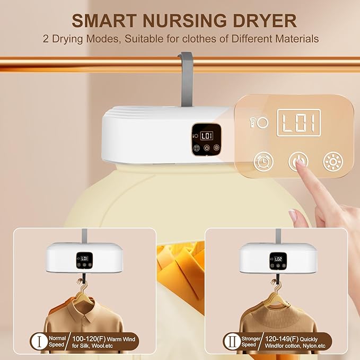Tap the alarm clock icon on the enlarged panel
pyautogui.click(x=264, y=161)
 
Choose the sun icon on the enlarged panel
pyautogui.click(x=333, y=161)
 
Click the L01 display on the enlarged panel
pyautogui.click(x=298, y=123)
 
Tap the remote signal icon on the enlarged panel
pyautogui.click(x=252, y=122)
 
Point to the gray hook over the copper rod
pyautogui.click(x=187, y=78)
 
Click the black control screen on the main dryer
pyautogui.click(x=206, y=139)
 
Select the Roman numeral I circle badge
pyautogui.click(x=39, y=341)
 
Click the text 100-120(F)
pyautogui.click(x=89, y=339)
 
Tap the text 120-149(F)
pyautogui.click(x=282, y=339)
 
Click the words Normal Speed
pyautogui.click(x=57, y=341)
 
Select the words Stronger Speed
pyautogui.click(x=250, y=341)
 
